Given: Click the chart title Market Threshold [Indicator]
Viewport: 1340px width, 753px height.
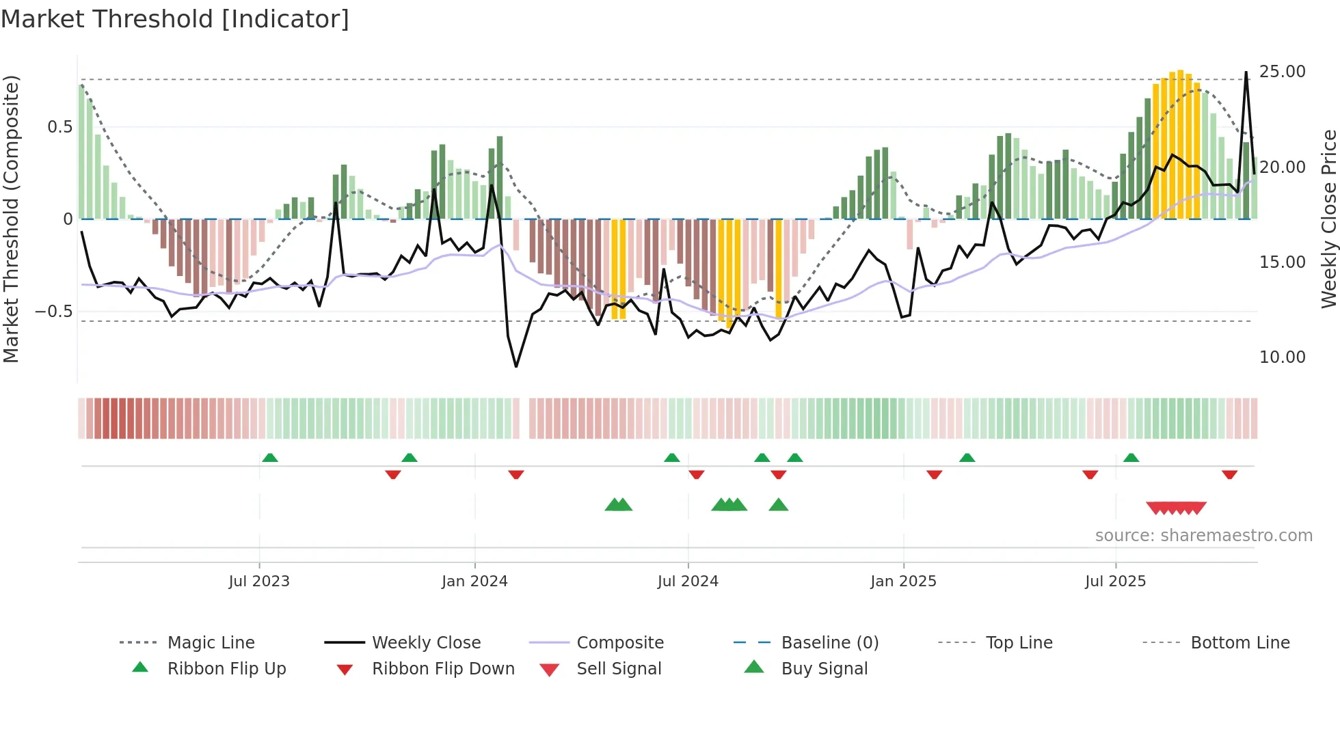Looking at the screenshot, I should [x=175, y=19].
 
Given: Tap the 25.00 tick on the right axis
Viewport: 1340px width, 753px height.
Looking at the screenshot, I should [x=1282, y=72].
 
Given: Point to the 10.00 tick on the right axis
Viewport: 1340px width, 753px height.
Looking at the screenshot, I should [x=1282, y=357].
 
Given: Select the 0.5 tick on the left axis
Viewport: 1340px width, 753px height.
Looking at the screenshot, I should [x=60, y=127].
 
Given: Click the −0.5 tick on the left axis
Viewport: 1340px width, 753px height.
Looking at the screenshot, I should [x=54, y=312].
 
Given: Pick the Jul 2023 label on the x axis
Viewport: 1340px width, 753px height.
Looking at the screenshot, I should [x=259, y=581].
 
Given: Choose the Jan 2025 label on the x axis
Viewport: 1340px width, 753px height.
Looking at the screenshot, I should [x=903, y=581].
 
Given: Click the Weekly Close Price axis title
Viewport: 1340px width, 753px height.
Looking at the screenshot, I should [x=1328, y=219].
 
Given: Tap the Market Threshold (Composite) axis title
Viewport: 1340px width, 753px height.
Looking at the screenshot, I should [x=11, y=219].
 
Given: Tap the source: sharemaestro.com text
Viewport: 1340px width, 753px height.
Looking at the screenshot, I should [x=1203, y=536].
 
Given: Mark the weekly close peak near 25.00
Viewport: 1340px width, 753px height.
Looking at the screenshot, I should [x=1246, y=72].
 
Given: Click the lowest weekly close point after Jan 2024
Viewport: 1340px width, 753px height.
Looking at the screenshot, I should [x=516, y=367].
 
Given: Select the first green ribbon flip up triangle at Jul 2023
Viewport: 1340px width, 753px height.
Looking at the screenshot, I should [x=270, y=458].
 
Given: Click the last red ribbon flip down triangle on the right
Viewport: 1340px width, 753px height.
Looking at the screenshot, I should [x=1229, y=474].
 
